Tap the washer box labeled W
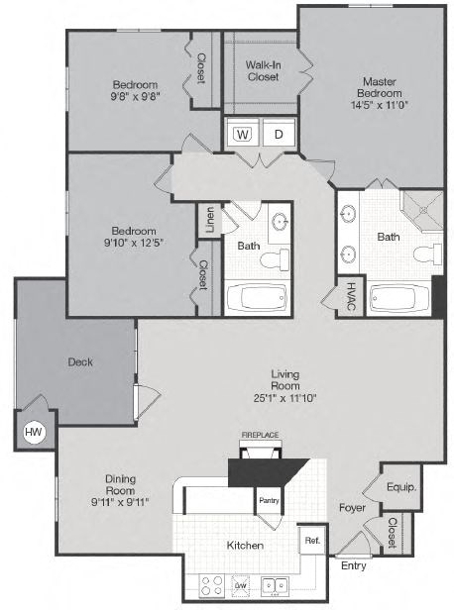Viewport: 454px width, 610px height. (x=242, y=134)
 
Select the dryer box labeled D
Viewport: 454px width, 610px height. (x=279, y=134)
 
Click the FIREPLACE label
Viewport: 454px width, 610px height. (x=261, y=435)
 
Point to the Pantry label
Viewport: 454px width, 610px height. (x=270, y=501)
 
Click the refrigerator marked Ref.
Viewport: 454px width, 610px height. (x=312, y=541)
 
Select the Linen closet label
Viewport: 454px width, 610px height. (x=209, y=221)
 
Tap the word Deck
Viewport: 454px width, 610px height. (x=80, y=362)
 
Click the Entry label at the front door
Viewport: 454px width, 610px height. (x=352, y=566)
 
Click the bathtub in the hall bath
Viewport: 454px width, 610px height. (x=255, y=298)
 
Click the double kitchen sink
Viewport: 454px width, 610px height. (x=275, y=585)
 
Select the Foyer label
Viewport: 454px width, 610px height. (x=352, y=508)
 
